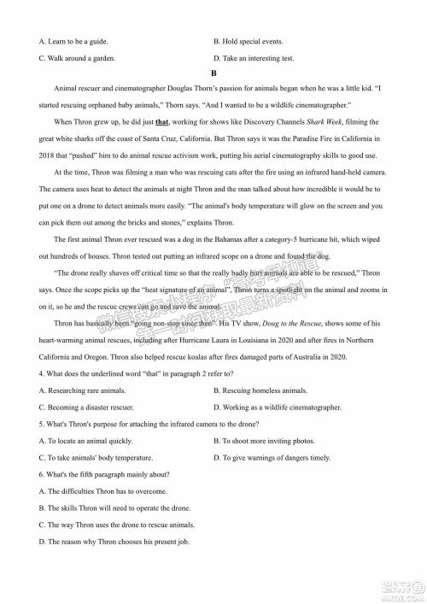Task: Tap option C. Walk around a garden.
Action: tap(78, 58)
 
